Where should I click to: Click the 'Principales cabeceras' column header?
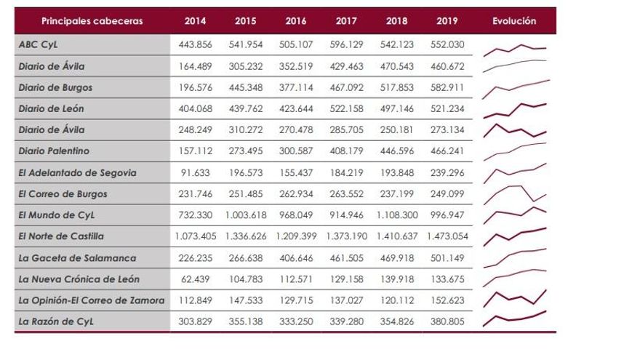[92, 21]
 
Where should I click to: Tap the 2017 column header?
[345, 21]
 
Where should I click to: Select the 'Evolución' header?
[513, 21]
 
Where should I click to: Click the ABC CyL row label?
[39, 44]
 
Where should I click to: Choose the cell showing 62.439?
[195, 279]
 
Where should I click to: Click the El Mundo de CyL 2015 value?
[245, 216]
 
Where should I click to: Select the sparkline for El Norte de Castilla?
[513, 236]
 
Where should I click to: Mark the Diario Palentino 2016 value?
[295, 152]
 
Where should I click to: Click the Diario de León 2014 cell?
[195, 109]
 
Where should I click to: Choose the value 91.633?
[195, 173]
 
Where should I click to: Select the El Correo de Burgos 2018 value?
[396, 194]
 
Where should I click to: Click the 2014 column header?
[195, 21]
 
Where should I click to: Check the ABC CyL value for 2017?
[345, 44]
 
